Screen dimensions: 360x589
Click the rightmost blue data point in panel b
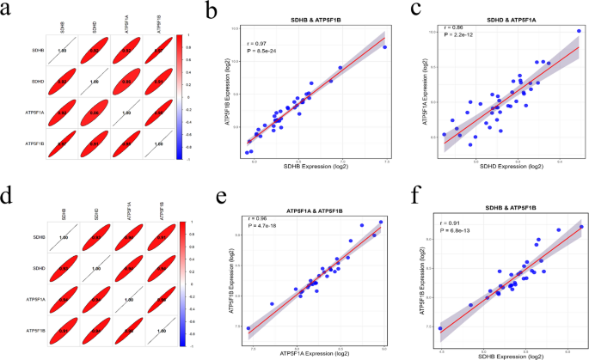coord(384,47)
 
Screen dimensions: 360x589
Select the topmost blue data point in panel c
coord(579,32)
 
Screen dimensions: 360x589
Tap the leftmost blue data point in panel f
coord(440,328)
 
